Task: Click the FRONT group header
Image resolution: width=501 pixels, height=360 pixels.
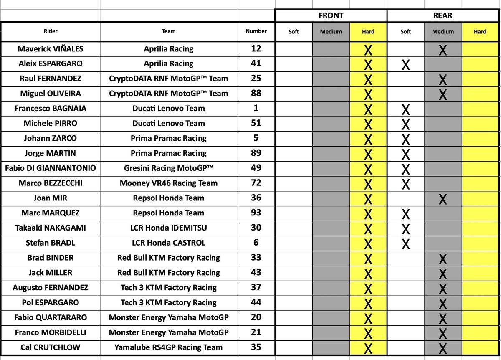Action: point(331,15)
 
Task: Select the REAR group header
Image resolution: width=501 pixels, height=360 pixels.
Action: point(443,15)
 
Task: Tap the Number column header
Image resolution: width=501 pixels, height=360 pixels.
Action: point(256,31)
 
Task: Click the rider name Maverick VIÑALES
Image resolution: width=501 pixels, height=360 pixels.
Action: point(51,49)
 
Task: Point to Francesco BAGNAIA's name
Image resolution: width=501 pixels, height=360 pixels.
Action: point(51,109)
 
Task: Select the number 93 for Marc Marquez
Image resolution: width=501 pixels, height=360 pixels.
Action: point(256,213)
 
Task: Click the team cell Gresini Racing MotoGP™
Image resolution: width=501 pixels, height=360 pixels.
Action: point(169,168)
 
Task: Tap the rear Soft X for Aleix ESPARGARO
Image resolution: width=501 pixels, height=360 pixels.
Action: point(405,65)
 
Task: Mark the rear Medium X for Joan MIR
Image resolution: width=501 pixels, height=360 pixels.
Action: point(443,200)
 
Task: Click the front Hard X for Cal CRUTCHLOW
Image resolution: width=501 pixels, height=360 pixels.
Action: point(368,349)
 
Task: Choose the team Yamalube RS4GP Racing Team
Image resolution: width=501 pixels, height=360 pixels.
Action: point(169,347)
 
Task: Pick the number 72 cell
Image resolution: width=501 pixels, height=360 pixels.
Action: point(256,183)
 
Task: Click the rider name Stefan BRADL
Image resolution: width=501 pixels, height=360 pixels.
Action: point(51,243)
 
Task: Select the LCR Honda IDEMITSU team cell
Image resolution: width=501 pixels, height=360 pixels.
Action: point(169,228)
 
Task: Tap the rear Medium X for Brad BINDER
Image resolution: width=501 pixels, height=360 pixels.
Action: point(443,259)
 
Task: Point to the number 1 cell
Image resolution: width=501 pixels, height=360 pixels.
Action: point(256,108)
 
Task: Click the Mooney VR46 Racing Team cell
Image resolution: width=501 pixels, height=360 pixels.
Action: point(169,183)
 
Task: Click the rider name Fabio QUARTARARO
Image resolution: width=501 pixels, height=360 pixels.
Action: point(51,317)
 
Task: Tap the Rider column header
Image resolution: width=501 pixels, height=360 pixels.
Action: point(51,31)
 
